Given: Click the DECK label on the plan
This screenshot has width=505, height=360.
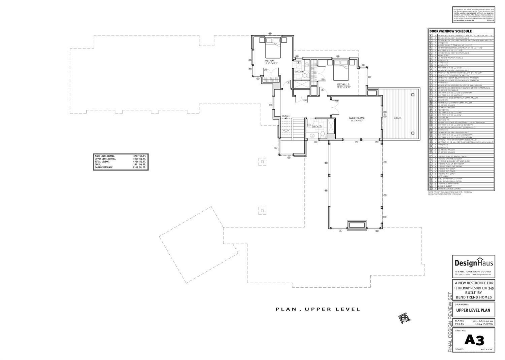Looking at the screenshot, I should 398,118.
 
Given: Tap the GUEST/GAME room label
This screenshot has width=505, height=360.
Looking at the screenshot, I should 357,118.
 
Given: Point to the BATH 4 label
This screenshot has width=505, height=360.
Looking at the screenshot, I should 299,71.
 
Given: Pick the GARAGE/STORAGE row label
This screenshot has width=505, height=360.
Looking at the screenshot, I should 104,167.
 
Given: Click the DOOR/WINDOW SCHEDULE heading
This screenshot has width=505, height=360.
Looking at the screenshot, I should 450,31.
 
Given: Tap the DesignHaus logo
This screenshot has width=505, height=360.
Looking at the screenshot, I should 474,263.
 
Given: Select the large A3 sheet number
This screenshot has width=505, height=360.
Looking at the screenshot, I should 474,340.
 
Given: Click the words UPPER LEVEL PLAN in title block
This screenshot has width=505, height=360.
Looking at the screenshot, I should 473,310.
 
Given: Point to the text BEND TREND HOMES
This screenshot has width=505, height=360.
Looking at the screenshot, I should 474,297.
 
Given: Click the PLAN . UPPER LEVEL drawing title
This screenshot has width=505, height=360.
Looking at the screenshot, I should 318,309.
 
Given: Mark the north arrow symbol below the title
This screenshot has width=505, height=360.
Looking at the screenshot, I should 404,318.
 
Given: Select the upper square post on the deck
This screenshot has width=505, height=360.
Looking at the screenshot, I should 413,95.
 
